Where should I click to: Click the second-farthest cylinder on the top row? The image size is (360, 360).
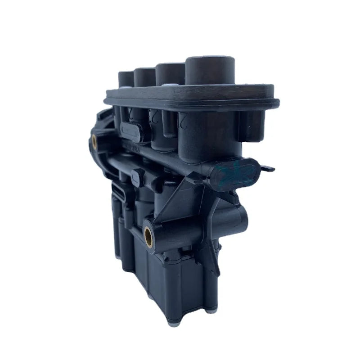coord(145,74)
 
